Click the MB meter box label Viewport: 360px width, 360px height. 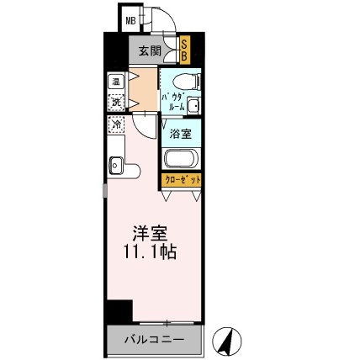tap(132, 20)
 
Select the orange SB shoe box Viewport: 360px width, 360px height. tap(183, 50)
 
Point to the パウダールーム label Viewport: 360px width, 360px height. tap(172, 101)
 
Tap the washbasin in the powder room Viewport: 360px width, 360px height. tap(193, 106)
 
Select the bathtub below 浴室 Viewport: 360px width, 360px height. tap(181, 159)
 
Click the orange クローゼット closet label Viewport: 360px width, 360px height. tap(181, 180)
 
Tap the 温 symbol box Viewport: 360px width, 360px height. tap(116, 82)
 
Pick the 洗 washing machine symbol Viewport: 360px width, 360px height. tap(116, 102)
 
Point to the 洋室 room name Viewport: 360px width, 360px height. tap(144, 230)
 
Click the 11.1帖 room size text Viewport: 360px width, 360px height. tap(145, 250)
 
